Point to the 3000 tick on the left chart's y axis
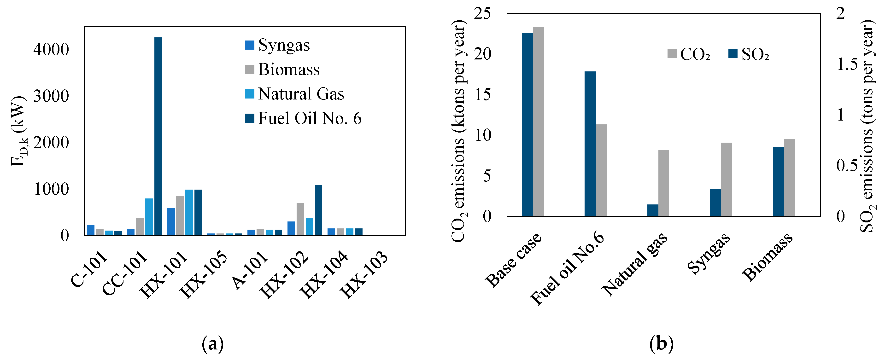51,96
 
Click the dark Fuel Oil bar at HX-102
318,210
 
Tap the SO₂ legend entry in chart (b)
749,54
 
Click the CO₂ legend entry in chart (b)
689,54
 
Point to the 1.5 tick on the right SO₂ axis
847,64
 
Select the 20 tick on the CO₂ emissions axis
482,54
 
